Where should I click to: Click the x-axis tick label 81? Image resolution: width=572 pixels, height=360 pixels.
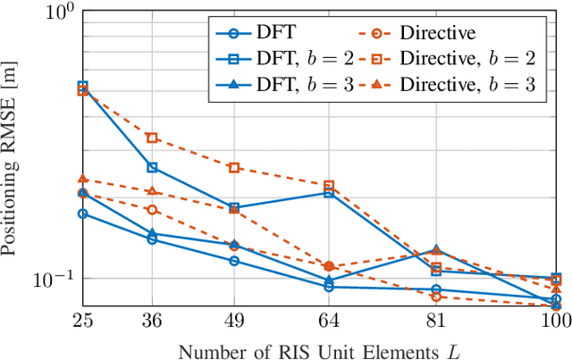436,319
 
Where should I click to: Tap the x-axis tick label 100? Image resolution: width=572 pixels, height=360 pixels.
555,319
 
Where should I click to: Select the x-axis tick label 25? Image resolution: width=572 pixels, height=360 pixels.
82,319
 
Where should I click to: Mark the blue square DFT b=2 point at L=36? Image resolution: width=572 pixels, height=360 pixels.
152,167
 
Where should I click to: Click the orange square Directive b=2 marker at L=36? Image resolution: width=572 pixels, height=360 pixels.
152,138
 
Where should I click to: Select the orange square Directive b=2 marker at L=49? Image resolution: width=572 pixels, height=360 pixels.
233,167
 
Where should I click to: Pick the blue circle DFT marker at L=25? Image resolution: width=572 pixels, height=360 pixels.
82,213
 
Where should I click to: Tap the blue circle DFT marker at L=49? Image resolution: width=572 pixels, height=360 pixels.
233,261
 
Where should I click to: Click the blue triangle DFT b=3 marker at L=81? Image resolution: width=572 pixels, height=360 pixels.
436,250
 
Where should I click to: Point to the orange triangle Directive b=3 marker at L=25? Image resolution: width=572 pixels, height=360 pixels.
82,179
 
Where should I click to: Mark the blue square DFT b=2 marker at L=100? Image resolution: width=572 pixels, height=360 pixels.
556,279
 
